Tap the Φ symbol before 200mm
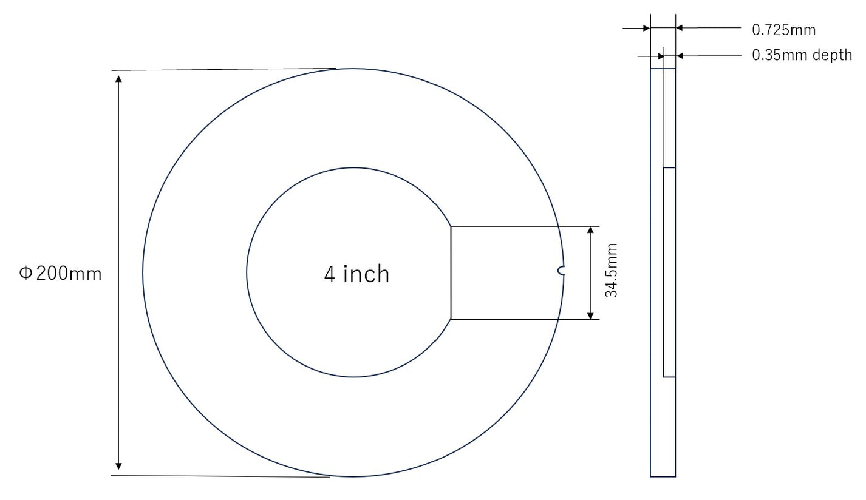coord(25,274)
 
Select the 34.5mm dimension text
coord(612,271)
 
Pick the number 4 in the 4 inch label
coord(330,274)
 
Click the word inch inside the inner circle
coord(366,274)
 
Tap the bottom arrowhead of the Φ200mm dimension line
coord(118,465)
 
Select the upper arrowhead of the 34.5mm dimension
coord(590,231)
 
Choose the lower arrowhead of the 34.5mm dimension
coord(590,315)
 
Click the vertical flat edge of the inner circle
coord(451,272)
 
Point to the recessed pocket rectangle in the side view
coord(669,272)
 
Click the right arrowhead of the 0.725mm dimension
coord(680,27)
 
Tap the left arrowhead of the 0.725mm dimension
coord(646,27)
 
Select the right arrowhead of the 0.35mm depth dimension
coord(680,56)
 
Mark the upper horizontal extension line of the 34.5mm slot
coord(522,226)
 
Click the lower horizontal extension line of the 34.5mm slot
coord(522,319)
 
